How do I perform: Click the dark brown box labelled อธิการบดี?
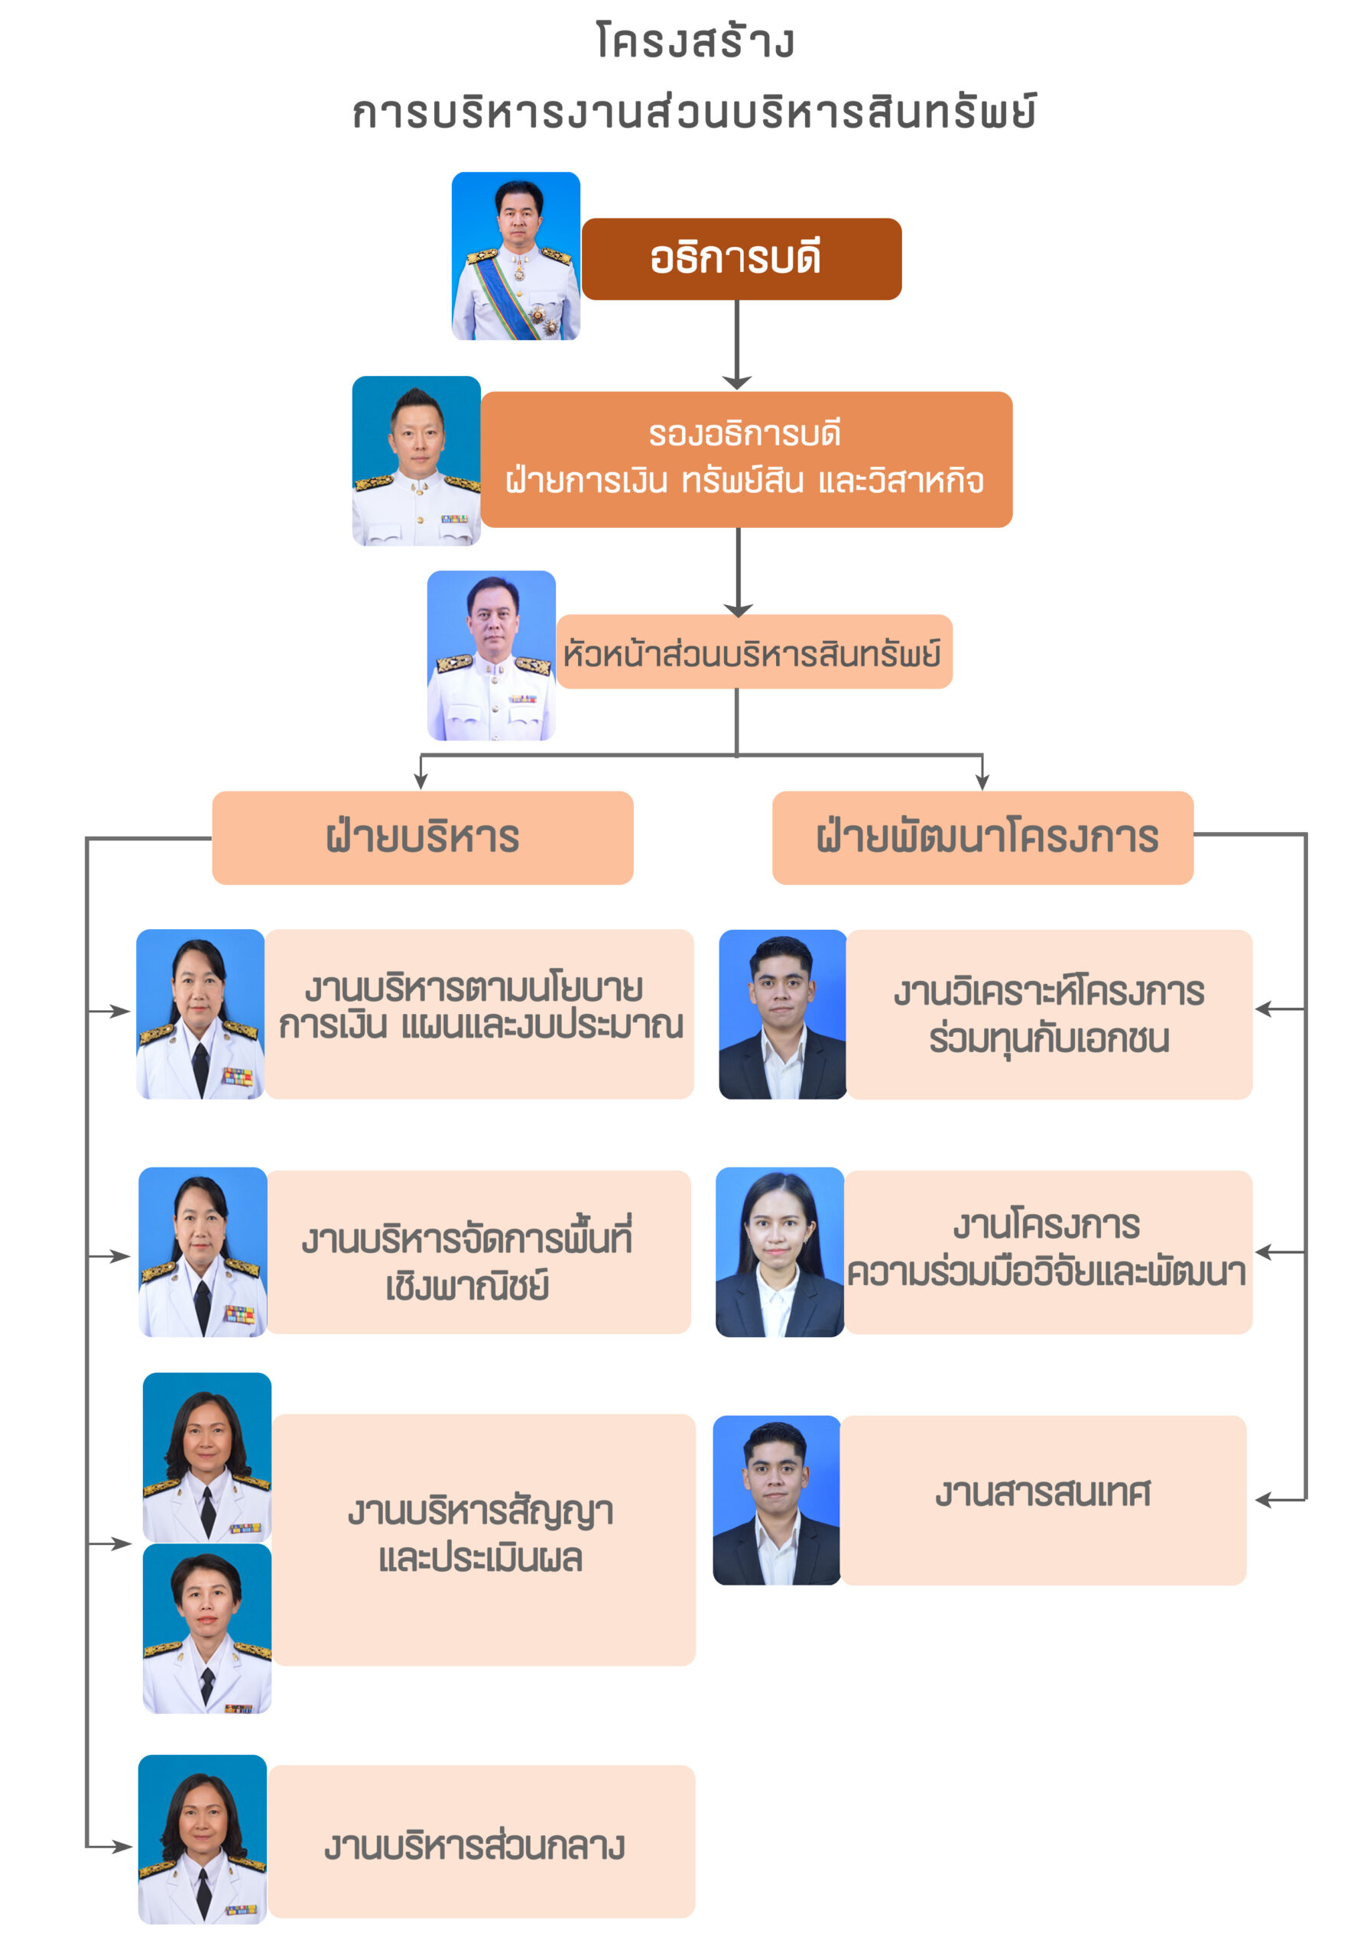click(741, 258)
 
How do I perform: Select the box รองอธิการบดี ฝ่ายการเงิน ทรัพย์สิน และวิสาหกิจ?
click(745, 459)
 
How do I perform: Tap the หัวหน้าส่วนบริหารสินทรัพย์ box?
click(753, 651)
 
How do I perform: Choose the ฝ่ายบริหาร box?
click(422, 837)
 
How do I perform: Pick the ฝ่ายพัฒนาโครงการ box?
click(982, 837)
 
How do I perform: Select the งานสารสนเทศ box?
click(1042, 1499)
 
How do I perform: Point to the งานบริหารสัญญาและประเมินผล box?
click(482, 1539)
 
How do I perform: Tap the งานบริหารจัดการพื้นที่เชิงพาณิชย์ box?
click(478, 1251)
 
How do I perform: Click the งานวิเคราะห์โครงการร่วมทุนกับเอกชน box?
click(1048, 1014)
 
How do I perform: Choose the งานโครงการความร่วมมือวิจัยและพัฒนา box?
click(1048, 1251)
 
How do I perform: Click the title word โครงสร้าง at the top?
click(694, 41)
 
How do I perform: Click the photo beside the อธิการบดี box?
click(515, 255)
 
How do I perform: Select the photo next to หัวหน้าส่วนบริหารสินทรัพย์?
click(491, 654)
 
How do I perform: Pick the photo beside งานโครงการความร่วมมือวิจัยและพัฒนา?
click(779, 1251)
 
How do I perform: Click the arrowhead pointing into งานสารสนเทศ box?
click(1265, 1500)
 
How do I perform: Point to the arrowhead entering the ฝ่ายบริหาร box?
click(420, 782)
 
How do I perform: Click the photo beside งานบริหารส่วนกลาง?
click(202, 1838)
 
